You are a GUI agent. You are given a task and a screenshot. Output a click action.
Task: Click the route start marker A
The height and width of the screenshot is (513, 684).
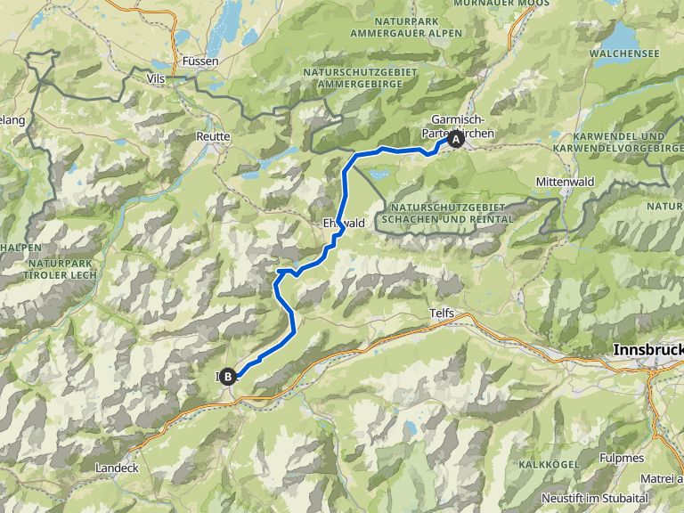456,139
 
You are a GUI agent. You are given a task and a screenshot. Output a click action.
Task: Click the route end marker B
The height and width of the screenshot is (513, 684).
229,377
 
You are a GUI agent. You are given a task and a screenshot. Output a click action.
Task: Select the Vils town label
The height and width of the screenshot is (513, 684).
154,78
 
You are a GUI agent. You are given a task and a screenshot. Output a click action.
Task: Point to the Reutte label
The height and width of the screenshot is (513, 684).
213,137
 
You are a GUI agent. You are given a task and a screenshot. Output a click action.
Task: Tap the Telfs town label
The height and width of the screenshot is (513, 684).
442,314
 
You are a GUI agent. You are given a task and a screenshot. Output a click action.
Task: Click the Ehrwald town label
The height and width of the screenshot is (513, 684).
344,224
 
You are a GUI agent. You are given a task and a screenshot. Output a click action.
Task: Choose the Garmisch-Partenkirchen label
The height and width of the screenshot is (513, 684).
457,126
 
